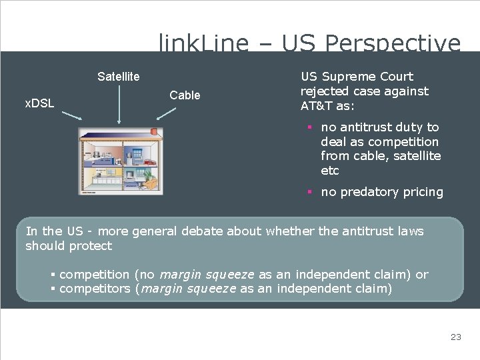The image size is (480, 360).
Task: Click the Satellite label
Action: click(118, 77)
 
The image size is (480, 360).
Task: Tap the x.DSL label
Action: click(39, 103)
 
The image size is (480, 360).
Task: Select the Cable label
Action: click(185, 95)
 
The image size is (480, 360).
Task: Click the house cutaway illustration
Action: click(121, 161)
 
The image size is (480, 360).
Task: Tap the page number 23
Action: click(455, 337)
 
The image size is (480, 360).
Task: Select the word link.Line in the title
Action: click(203, 44)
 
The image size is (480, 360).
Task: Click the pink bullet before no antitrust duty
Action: click(310, 127)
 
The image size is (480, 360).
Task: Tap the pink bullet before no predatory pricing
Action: click(310, 192)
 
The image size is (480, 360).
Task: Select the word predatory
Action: click(368, 192)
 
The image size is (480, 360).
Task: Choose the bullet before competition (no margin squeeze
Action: click(53, 275)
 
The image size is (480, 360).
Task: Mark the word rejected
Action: click(325, 91)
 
